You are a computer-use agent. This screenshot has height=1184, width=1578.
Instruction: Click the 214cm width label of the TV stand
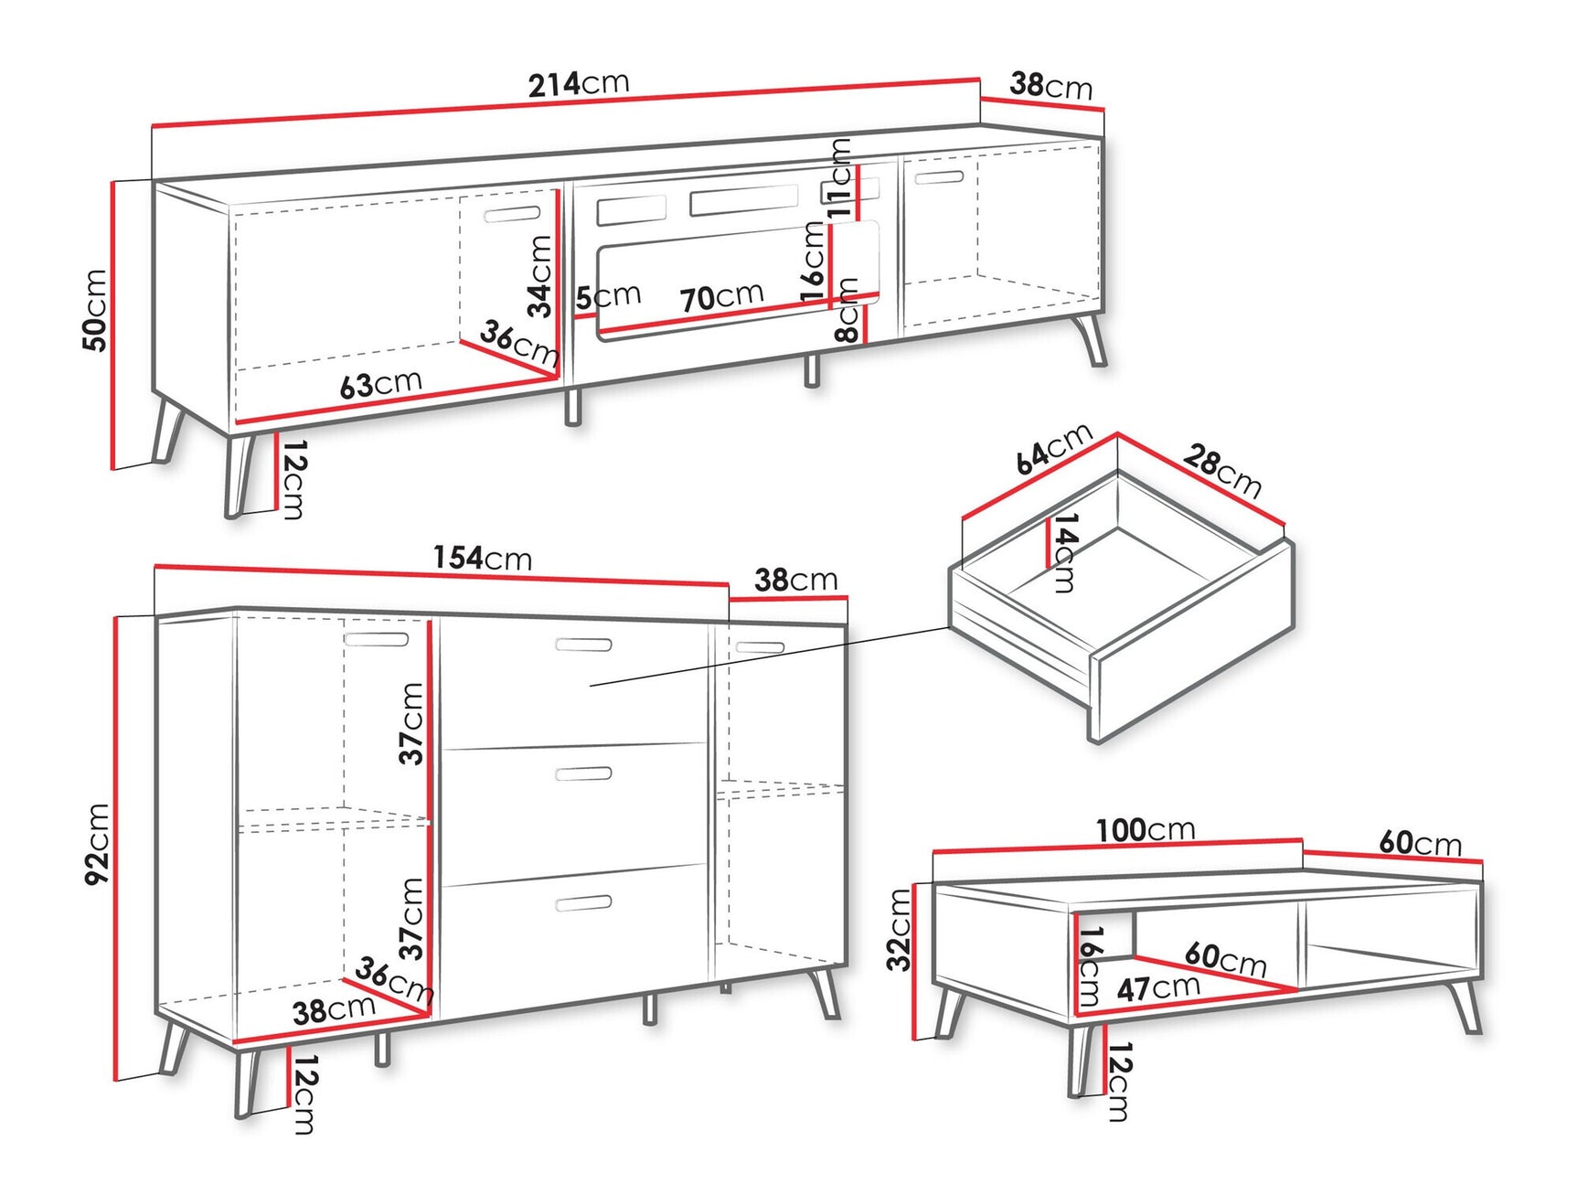[578, 84]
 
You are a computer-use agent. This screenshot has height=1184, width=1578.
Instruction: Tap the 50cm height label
[95, 310]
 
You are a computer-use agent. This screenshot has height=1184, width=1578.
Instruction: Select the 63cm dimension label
[380, 384]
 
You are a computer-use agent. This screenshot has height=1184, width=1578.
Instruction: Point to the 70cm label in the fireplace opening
[720, 297]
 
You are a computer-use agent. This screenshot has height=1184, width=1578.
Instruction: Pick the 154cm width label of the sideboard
[482, 558]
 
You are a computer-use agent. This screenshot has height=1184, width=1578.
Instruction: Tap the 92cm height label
[97, 843]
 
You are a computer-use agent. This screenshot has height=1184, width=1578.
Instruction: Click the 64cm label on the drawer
[1053, 448]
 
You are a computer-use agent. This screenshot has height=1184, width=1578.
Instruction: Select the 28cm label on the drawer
[1222, 470]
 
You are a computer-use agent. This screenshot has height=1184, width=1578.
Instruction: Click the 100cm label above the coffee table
[1146, 830]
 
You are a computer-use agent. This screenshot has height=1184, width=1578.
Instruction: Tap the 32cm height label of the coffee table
[900, 929]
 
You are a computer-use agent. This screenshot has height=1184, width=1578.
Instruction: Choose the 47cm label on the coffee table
[1157, 987]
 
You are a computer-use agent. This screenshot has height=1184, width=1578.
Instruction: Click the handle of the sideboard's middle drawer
[583, 774]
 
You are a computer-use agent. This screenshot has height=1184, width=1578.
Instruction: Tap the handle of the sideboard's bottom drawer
[583, 903]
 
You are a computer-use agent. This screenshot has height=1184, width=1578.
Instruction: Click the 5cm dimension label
[608, 296]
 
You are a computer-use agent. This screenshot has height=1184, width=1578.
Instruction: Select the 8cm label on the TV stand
[848, 311]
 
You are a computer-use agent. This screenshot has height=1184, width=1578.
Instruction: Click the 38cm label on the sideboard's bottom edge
[334, 1009]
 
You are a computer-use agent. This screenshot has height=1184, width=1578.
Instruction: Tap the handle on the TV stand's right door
[938, 177]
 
